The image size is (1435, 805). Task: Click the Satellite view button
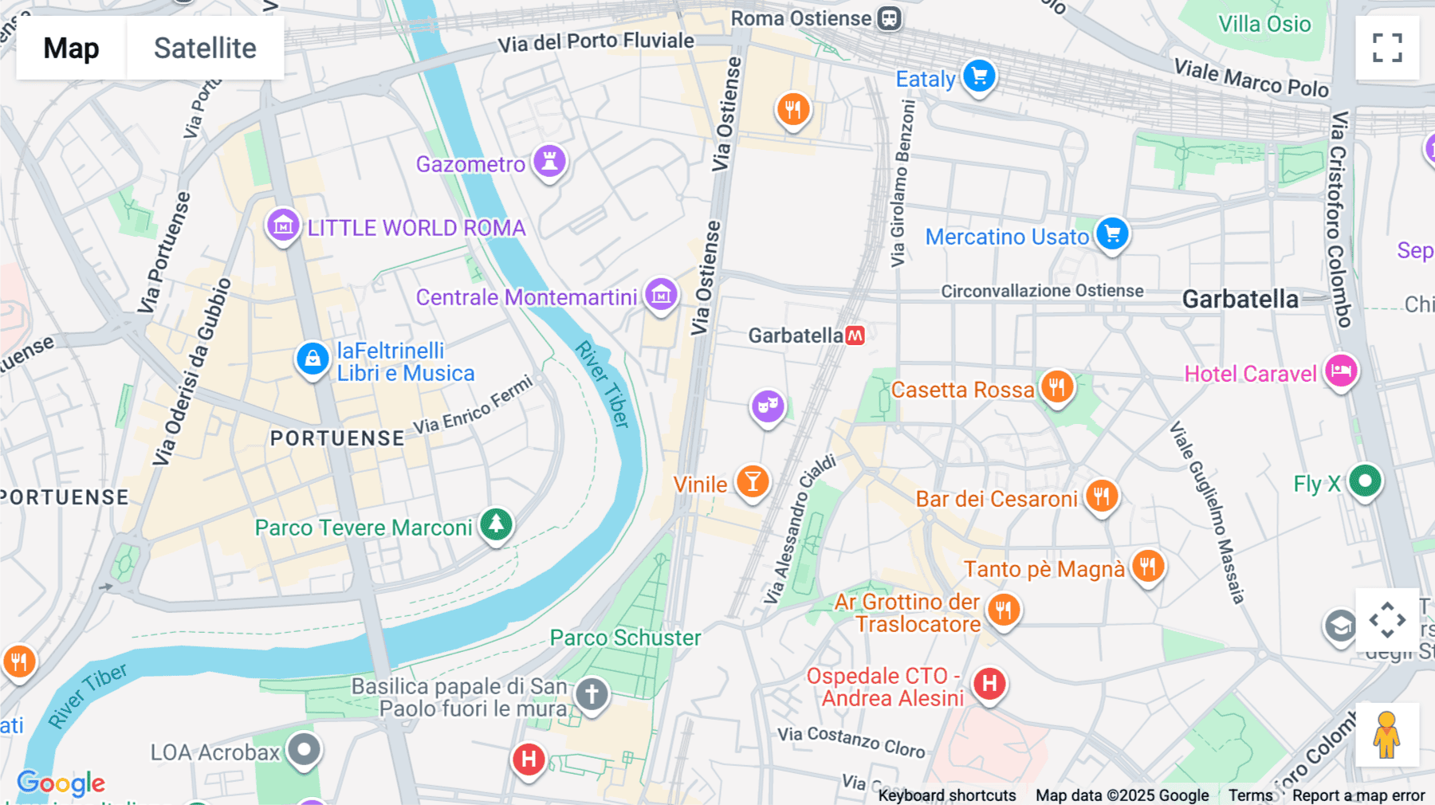205,48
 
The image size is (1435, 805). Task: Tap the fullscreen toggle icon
1387,48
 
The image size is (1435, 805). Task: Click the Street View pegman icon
1387,734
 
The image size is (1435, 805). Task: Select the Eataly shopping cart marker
979,77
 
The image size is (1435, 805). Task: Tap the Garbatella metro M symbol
855,336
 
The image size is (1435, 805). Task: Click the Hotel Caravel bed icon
1341,371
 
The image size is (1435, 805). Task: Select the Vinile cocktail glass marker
752,481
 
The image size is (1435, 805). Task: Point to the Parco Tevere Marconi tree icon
496,524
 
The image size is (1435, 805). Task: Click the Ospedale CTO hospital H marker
989,684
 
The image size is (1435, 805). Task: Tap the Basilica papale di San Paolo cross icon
592,694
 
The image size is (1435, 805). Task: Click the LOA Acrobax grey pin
304,749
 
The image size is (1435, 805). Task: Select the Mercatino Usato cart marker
1112,234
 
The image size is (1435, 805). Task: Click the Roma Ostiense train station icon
889,18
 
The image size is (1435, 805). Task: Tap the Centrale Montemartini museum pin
661,296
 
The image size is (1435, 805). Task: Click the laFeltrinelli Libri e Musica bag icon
313,359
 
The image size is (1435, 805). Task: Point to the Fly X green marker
1365,481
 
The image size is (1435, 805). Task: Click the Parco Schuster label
625,638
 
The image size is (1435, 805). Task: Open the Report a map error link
1358,795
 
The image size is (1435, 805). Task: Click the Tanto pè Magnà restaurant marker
1147,567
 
